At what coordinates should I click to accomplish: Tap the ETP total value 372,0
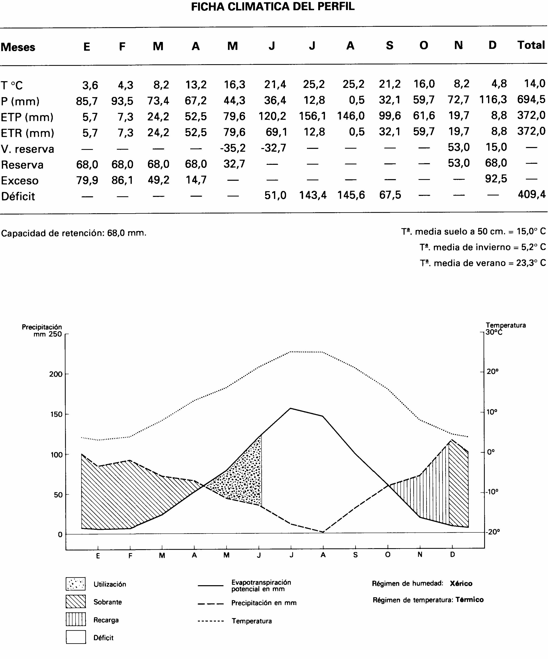(531, 116)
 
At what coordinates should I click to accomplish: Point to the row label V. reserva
(27, 149)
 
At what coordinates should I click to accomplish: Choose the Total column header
(531, 45)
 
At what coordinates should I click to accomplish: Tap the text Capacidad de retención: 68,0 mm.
(74, 233)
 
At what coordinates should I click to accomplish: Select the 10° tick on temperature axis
(492, 412)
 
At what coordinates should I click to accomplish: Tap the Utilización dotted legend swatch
(76, 584)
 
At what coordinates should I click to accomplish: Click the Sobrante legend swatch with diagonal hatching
(76, 602)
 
